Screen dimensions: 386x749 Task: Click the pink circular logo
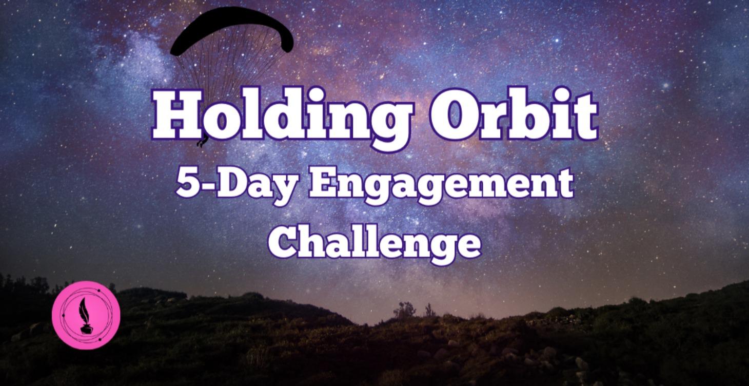[x=86, y=315]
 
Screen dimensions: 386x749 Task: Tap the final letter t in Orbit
[x=584, y=115]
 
